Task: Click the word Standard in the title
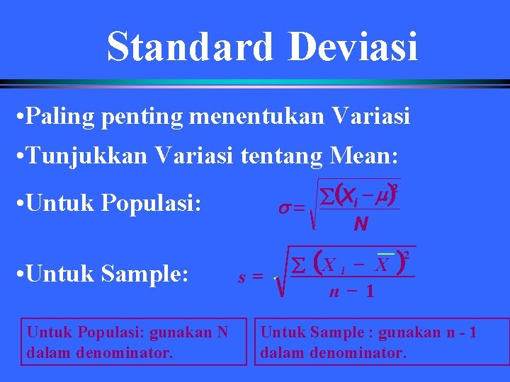tap(189, 46)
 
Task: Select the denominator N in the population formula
tap(361, 225)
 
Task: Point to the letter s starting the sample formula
tap(242, 278)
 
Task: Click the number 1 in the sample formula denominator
tap(369, 291)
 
